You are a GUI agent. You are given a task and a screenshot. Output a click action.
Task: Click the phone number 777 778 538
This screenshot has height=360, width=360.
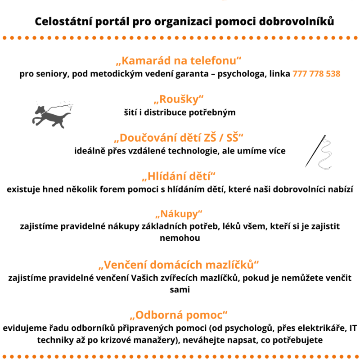[316, 74]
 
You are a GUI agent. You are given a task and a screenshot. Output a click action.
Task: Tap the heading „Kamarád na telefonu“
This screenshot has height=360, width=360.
[180, 61]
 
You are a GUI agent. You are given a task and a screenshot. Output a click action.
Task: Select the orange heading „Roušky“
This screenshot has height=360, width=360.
[180, 99]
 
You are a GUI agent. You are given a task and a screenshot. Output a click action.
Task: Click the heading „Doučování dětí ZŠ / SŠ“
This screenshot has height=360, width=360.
[180, 137]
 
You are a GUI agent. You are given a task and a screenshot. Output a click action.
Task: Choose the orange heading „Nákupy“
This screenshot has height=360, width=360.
[180, 213]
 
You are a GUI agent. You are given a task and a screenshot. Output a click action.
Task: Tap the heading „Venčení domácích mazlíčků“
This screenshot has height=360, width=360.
[180, 264]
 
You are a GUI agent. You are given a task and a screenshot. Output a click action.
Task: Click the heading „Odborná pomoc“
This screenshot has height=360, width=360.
[180, 315]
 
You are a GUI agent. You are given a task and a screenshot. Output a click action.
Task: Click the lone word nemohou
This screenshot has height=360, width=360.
[180, 238]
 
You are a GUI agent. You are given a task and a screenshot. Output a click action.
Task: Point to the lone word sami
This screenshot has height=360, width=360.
[180, 289]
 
